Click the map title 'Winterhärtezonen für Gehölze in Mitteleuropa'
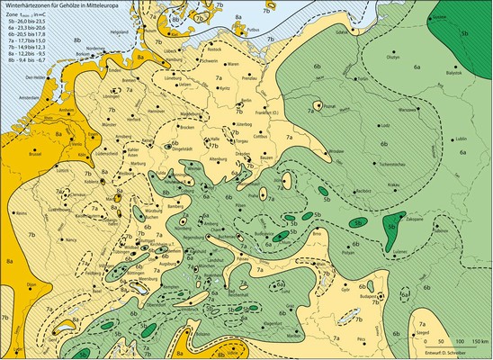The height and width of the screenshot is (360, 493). (68, 7)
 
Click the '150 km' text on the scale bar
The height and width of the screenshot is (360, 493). (474, 341)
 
